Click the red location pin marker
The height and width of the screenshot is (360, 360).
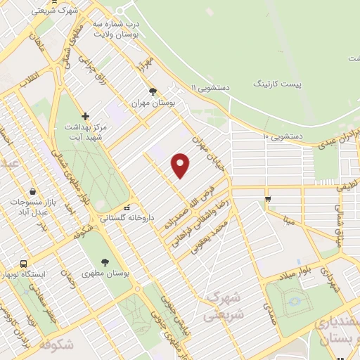(x=181, y=165)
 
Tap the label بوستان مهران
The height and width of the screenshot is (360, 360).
(x=153, y=103)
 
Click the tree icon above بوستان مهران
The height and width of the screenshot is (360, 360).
(x=153, y=91)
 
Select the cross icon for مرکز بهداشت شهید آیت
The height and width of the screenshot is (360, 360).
(x=86, y=116)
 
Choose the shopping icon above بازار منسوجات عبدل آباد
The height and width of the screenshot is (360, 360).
(x=33, y=191)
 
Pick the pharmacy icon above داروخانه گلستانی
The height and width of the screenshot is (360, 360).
(x=127, y=207)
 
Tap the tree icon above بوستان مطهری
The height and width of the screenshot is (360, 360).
(x=105, y=262)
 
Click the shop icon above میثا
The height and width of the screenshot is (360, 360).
(x=268, y=200)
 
